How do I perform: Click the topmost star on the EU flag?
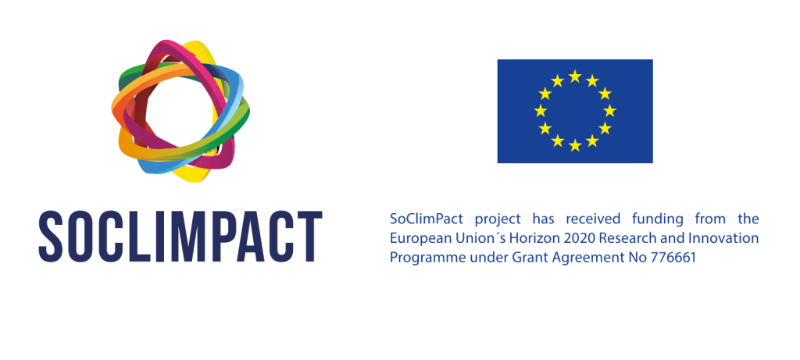(575, 76)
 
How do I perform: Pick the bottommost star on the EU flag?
(575, 145)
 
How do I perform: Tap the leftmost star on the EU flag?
(541, 111)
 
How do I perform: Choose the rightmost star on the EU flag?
(609, 111)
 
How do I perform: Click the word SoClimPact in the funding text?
(427, 219)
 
